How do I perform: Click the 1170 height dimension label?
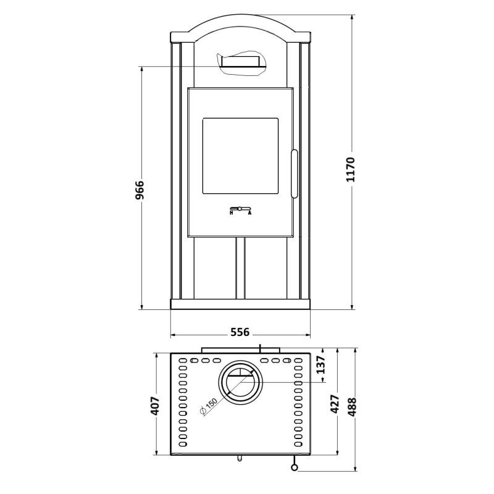[x=351, y=169]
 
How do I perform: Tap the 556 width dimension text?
[x=240, y=332]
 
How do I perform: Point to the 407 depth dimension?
[x=155, y=405]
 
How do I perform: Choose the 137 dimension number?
[x=320, y=366]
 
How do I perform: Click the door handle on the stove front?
[x=295, y=174]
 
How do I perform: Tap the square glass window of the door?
[x=240, y=155]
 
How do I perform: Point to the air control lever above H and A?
[x=240, y=207]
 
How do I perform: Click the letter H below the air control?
[x=231, y=213]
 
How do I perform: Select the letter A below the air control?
[x=249, y=213]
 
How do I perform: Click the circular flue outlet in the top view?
[x=240, y=381]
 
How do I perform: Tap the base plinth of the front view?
[x=240, y=304]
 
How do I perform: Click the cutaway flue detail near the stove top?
[x=241, y=63]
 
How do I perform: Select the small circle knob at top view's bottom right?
[x=295, y=467]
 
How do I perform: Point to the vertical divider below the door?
[x=240, y=268]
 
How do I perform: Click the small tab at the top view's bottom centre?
[x=239, y=459]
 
